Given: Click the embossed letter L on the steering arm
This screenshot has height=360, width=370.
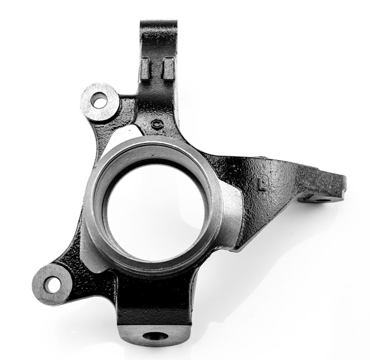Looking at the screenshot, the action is coord(261,184).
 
